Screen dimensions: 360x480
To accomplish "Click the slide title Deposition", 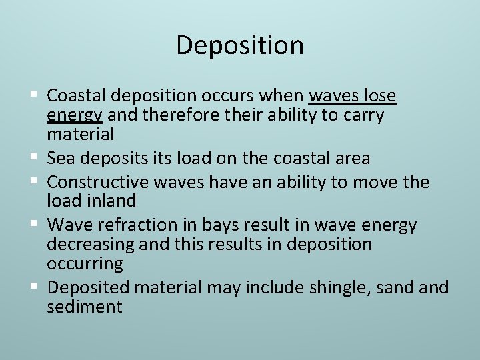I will [240, 45].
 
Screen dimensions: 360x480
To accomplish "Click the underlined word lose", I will [381, 97].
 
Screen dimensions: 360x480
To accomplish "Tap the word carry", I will [363, 115].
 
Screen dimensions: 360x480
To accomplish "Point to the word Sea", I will [62, 158].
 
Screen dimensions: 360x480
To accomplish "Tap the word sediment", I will [85, 307].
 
